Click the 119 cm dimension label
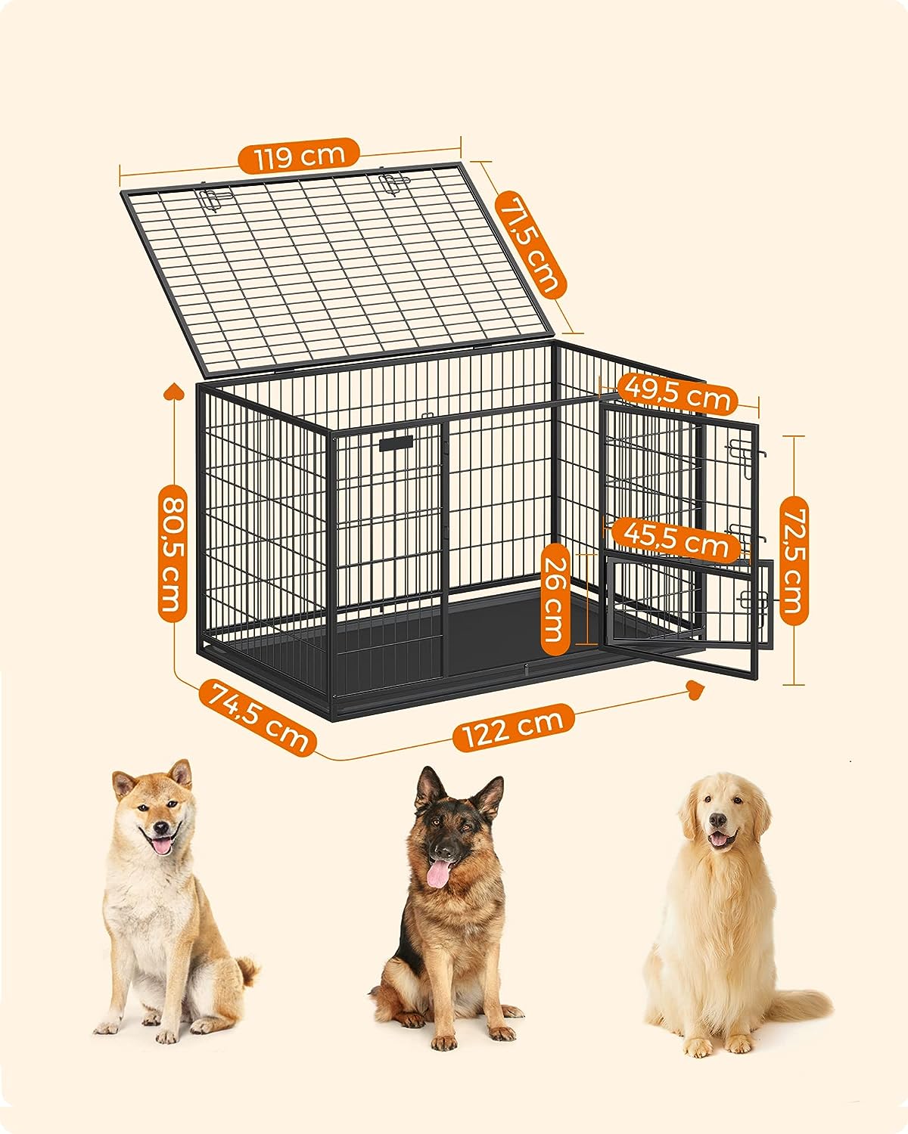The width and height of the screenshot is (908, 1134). pyautogui.click(x=299, y=156)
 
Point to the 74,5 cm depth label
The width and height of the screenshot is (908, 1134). pyautogui.click(x=257, y=718)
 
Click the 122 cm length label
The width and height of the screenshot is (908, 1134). pyautogui.click(x=513, y=728)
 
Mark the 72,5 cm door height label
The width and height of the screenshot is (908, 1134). pyautogui.click(x=794, y=560)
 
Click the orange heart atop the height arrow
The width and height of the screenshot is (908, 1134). pyautogui.click(x=173, y=392)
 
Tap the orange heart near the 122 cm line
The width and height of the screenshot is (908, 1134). pyautogui.click(x=696, y=689)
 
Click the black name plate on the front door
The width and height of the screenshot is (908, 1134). pyautogui.click(x=396, y=442)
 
